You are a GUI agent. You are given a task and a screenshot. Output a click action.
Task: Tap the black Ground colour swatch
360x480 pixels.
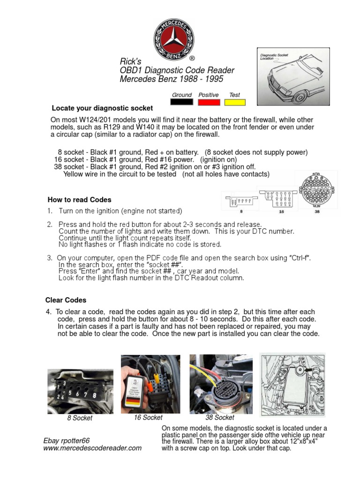click(x=182, y=102)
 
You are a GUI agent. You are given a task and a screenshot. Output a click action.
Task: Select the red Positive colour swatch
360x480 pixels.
click(x=209, y=102)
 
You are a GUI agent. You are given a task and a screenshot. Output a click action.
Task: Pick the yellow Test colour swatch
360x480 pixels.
click(x=235, y=102)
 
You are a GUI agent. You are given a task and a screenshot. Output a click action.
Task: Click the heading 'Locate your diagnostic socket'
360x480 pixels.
click(x=102, y=108)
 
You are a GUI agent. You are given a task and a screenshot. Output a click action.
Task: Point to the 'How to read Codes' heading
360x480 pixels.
click(x=80, y=200)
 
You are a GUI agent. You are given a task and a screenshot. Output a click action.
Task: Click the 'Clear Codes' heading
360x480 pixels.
click(x=66, y=300)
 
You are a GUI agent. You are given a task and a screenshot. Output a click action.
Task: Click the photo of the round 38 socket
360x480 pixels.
click(x=220, y=384)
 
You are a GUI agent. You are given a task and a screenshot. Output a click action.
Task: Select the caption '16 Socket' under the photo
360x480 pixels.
click(x=148, y=417)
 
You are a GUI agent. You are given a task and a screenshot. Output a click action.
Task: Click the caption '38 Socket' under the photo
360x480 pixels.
click(x=220, y=417)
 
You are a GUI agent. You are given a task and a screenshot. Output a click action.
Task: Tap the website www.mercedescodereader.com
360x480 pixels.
click(x=92, y=448)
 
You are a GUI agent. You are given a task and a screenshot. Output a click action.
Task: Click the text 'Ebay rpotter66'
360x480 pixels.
click(x=66, y=441)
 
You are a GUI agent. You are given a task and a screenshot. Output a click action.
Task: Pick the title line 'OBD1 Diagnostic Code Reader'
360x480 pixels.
click(x=177, y=70)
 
